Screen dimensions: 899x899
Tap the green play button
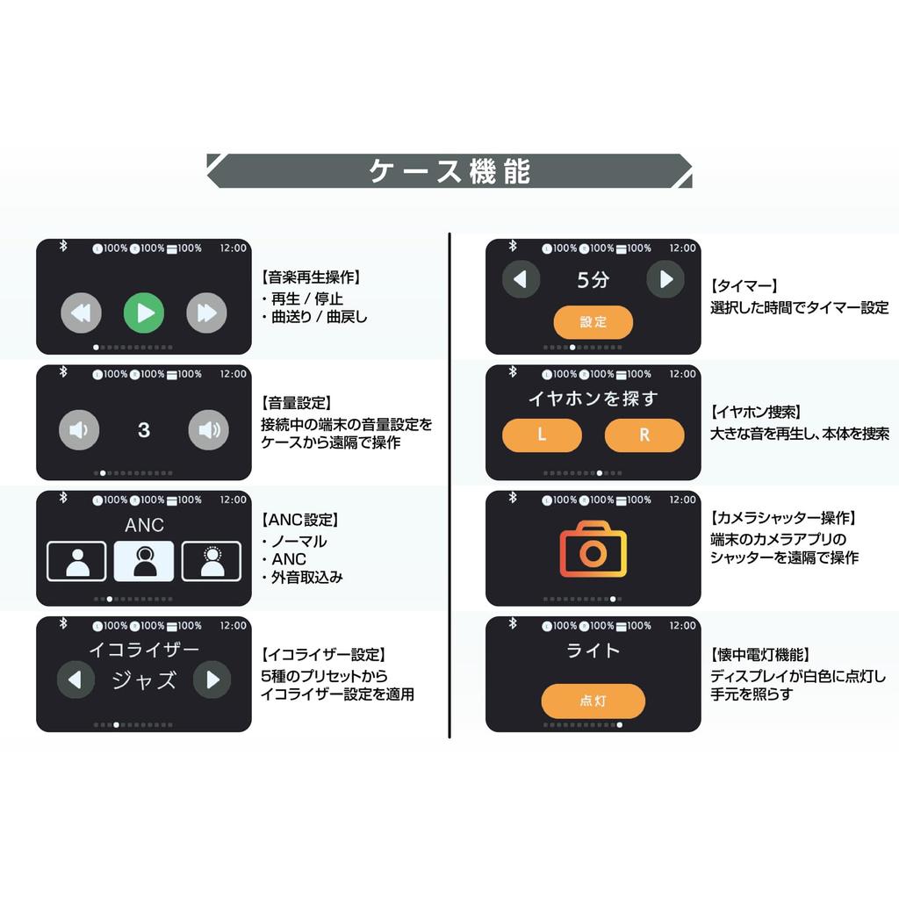click(144, 313)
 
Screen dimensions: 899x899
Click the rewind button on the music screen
click(81, 313)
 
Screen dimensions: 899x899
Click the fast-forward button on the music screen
click(207, 313)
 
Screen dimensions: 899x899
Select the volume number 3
click(144, 430)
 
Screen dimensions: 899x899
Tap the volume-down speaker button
click(79, 430)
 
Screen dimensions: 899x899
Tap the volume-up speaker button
click(209, 430)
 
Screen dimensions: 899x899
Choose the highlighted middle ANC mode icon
click(144, 560)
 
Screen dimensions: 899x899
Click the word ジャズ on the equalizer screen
click(144, 680)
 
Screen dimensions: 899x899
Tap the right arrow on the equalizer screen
click(212, 680)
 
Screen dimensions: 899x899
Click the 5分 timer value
click(593, 281)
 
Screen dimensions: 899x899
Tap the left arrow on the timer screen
click(521, 280)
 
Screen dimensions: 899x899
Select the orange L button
click(542, 435)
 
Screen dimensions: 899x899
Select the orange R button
click(644, 435)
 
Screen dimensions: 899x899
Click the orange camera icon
click(593, 550)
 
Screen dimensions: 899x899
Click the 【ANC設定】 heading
click(300, 521)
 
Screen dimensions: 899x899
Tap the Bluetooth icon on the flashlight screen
click(512, 624)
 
